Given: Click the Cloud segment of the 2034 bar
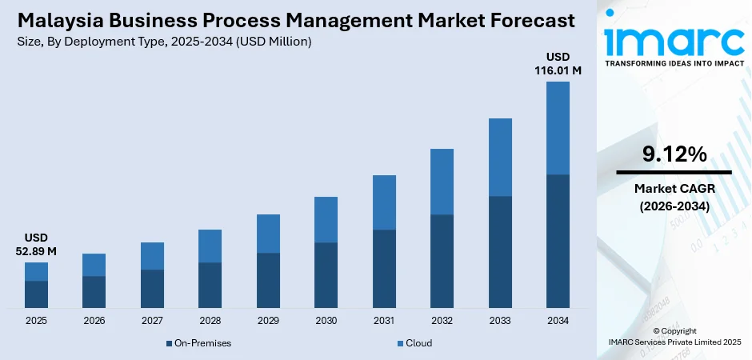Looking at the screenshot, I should [558, 128].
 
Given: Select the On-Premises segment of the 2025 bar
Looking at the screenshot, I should [36, 294].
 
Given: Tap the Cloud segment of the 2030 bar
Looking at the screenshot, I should [326, 219].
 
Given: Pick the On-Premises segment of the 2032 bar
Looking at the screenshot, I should [442, 261].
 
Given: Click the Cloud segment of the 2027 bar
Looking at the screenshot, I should [152, 256].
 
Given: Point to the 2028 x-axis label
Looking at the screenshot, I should [210, 321].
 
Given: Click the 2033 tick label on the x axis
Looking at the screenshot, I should [500, 321].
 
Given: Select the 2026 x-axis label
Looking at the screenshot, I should [94, 321].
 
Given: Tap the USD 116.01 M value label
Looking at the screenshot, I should [558, 64].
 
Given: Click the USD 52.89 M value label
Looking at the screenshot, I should [36, 245].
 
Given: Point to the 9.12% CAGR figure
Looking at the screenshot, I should [674, 154].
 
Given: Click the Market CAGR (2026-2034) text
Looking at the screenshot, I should [674, 197].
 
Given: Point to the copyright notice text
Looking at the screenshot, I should [674, 336].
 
